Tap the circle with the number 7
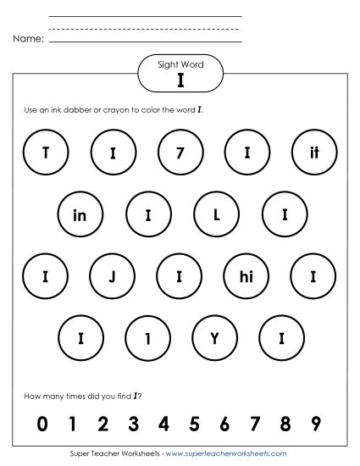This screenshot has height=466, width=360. pos(180,153)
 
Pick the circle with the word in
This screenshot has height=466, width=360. pos(80,215)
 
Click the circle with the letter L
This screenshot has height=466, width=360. pos(216,215)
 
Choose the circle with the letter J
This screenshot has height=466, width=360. pos(112,276)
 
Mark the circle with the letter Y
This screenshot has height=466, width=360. pos(216,337)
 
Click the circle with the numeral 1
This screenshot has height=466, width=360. pos(147,337)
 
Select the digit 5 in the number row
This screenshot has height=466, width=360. pos(194,423)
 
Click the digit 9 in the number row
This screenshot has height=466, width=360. pos(316,423)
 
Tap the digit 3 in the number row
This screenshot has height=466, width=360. pos(133,423)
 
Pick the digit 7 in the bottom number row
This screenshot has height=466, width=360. pos(255,423)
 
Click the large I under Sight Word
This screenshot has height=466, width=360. pos(180,80)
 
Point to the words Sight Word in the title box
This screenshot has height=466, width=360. pos(180,64)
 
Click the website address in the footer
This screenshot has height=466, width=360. pos(227,454)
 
